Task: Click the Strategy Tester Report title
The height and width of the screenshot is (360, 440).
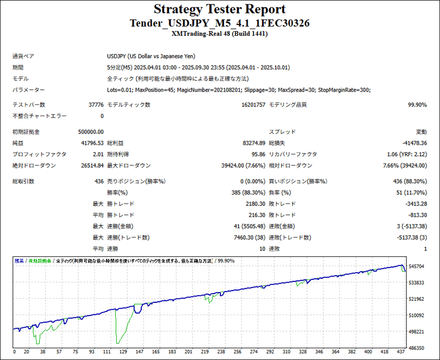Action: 220,9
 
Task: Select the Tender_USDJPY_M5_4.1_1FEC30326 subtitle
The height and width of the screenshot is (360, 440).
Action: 220,23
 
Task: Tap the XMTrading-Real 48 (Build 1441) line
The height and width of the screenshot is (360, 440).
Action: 220,34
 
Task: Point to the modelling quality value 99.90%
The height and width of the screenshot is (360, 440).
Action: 417,105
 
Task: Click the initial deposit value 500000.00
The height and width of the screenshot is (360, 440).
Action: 91,132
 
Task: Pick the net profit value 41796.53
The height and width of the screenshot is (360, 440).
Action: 93,143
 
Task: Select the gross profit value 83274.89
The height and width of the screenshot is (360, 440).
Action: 254,143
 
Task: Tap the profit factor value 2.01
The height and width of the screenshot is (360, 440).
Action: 98,154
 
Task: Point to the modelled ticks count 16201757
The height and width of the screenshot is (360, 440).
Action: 254,105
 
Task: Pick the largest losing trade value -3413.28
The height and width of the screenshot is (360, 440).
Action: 415,203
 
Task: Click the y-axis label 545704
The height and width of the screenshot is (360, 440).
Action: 417,267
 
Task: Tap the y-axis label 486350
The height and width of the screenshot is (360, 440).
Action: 417,348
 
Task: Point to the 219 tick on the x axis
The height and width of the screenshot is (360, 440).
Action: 204,352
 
